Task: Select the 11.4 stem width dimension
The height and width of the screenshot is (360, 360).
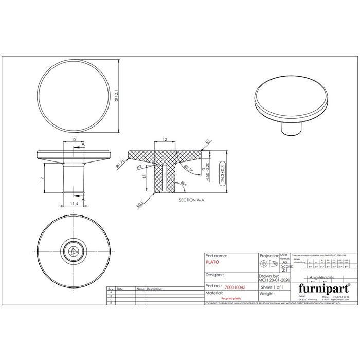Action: coord(74,204)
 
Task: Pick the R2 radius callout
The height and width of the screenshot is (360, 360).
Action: coord(139,168)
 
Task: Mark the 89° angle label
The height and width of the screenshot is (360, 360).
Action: coord(184,183)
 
